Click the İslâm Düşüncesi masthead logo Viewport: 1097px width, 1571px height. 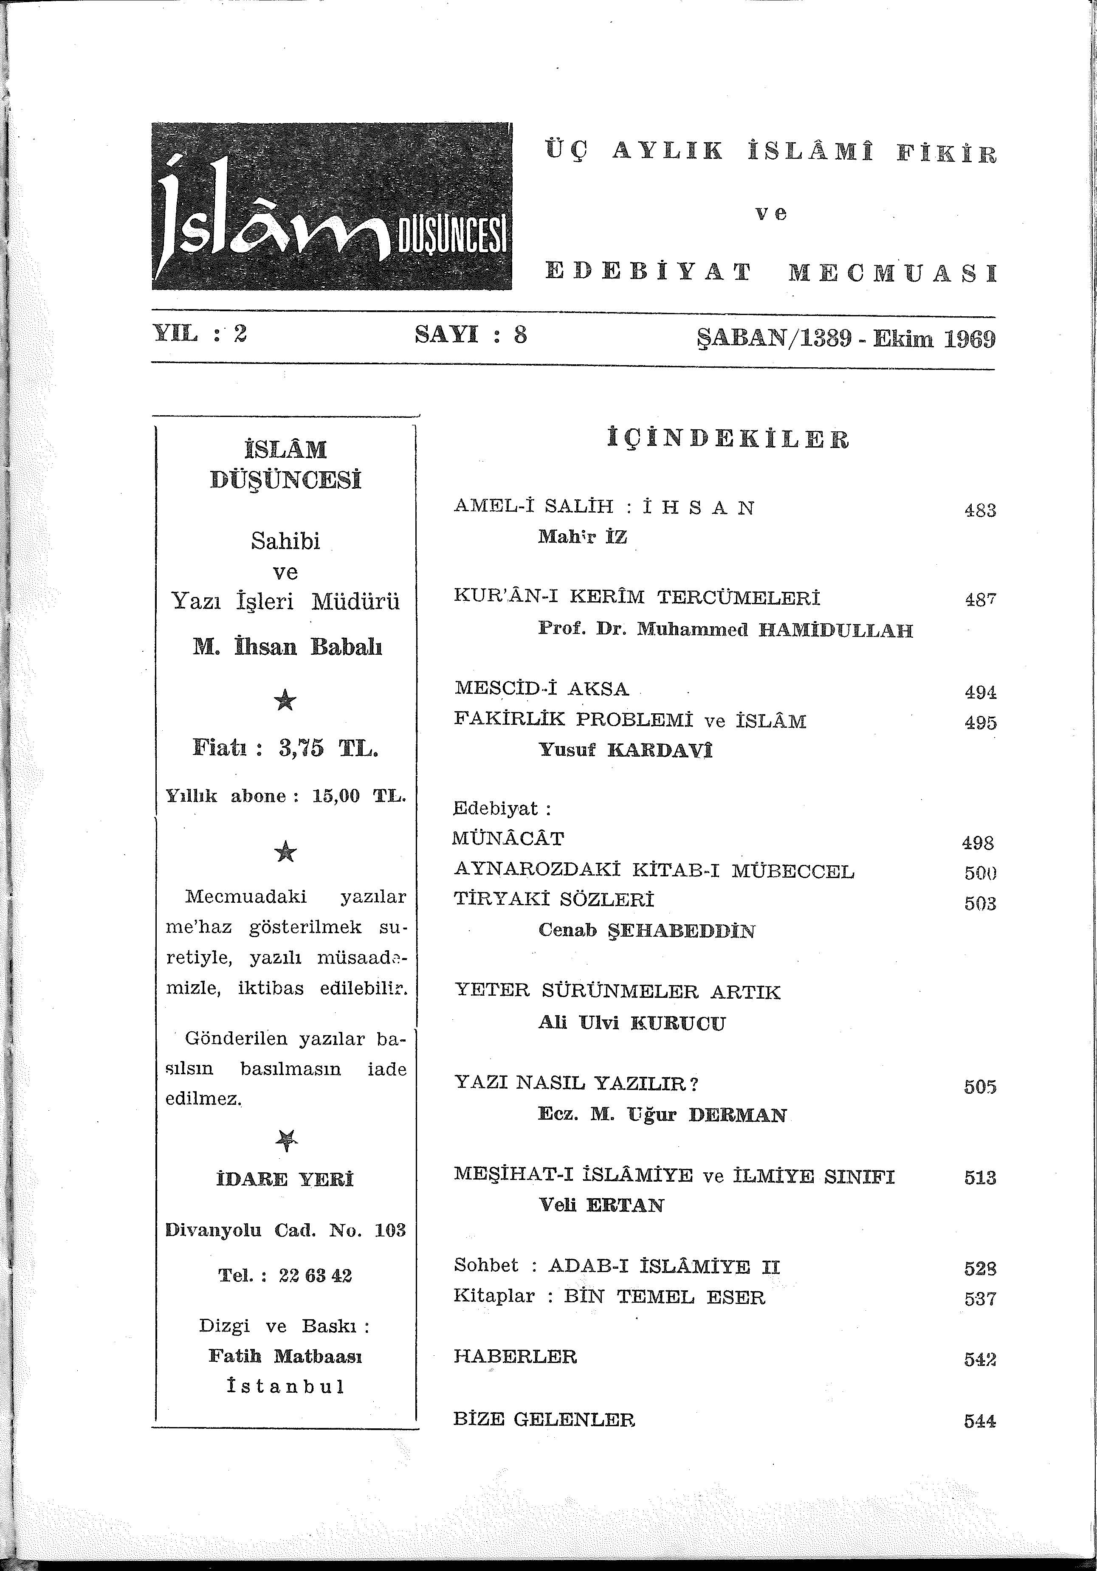coord(332,206)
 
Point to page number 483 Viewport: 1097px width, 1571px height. coord(980,510)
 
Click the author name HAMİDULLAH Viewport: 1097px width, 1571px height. coord(835,630)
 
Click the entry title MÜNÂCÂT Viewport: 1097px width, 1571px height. coord(508,838)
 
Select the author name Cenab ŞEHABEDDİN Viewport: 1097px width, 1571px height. coord(647,931)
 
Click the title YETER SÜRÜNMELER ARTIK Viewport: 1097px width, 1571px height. coord(617,992)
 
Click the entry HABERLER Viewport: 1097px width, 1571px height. coord(515,1356)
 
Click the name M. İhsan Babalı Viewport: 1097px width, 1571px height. coord(288,647)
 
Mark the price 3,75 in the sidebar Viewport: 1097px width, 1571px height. coord(301,749)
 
